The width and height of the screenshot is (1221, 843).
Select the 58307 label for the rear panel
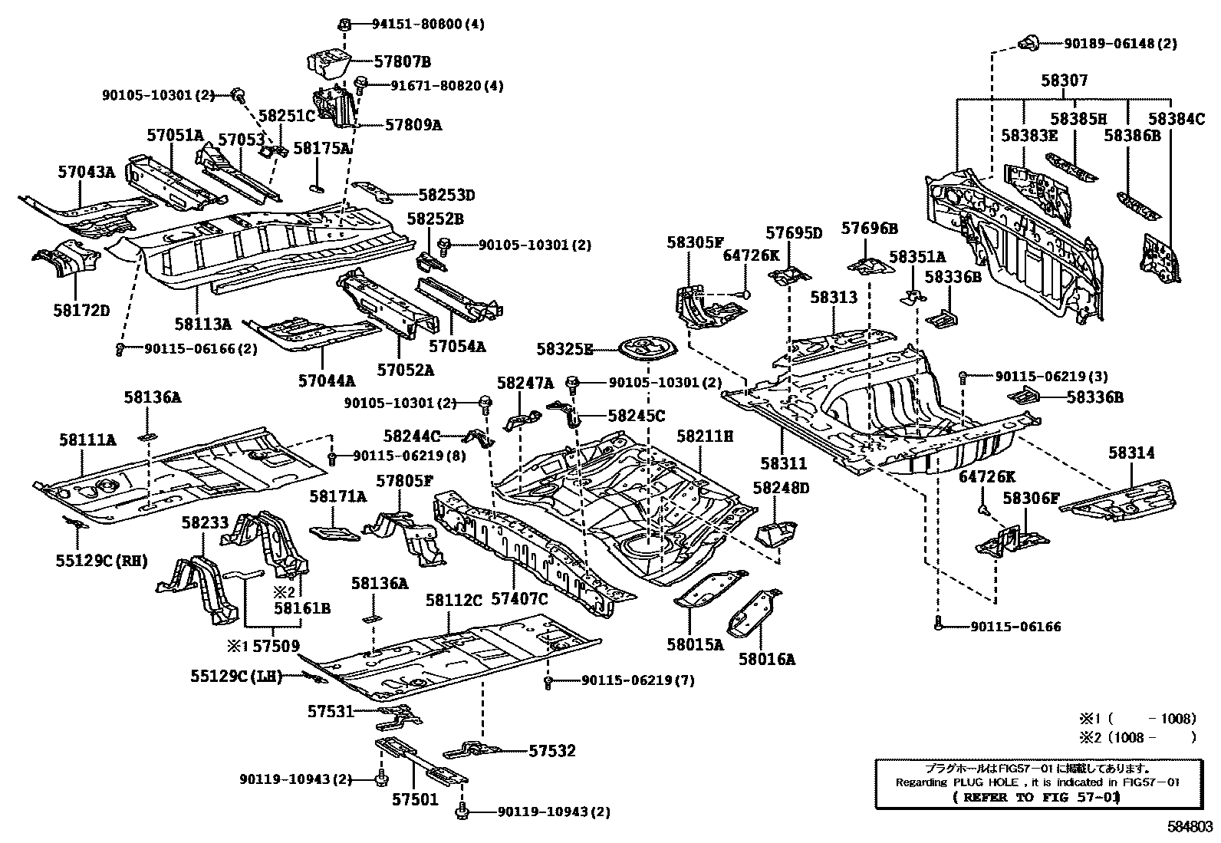tap(1064, 81)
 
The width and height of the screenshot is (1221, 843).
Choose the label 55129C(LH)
tap(236, 676)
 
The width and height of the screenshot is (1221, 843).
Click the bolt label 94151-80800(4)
tap(418, 24)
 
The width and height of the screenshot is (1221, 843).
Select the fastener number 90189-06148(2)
tap(1120, 44)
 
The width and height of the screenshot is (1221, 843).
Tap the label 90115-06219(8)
tap(410, 456)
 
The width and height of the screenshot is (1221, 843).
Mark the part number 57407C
tap(519, 600)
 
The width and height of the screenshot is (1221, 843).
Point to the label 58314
tap(1130, 453)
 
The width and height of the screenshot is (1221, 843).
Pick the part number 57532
tap(551, 751)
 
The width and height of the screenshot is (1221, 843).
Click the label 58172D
tap(81, 310)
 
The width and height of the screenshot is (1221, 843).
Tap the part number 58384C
tap(1177, 119)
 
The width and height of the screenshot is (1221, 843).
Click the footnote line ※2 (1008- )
tap(1138, 737)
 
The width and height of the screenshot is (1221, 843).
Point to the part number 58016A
tap(766, 658)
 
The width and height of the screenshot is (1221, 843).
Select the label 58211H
tap(705, 436)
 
